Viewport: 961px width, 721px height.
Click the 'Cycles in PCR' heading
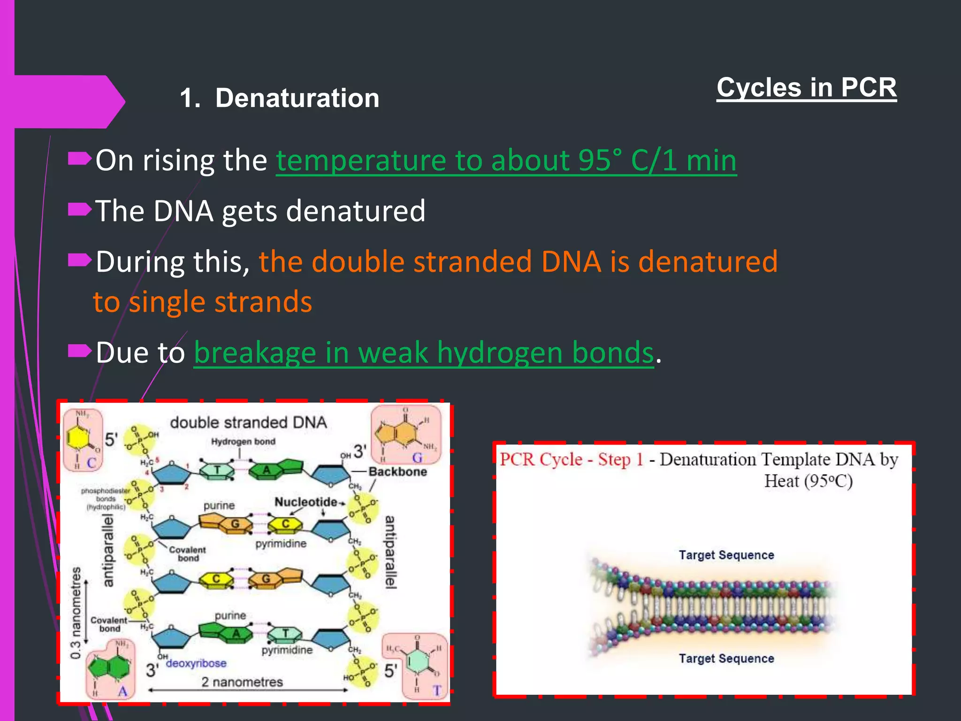(806, 88)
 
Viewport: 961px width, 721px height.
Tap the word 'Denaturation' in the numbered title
(297, 98)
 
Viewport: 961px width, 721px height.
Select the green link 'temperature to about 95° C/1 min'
(506, 161)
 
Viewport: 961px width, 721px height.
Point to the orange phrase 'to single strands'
(203, 302)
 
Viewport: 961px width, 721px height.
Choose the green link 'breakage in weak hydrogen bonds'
(423, 353)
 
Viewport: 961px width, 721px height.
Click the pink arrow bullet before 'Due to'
(79, 350)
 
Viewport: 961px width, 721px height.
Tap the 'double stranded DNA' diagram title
(248, 422)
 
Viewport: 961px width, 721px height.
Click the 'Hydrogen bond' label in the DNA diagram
(243, 442)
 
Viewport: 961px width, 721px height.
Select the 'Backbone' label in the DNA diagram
(397, 472)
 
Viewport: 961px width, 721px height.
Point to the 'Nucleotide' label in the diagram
(305, 502)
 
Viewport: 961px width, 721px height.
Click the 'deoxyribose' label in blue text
(196, 663)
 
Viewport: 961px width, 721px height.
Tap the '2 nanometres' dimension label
(242, 682)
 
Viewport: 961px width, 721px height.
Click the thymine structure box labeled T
(415, 666)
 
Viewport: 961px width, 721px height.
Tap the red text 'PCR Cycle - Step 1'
(571, 459)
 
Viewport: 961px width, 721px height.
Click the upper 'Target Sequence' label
(726, 555)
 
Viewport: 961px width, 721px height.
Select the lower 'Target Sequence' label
(726, 659)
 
